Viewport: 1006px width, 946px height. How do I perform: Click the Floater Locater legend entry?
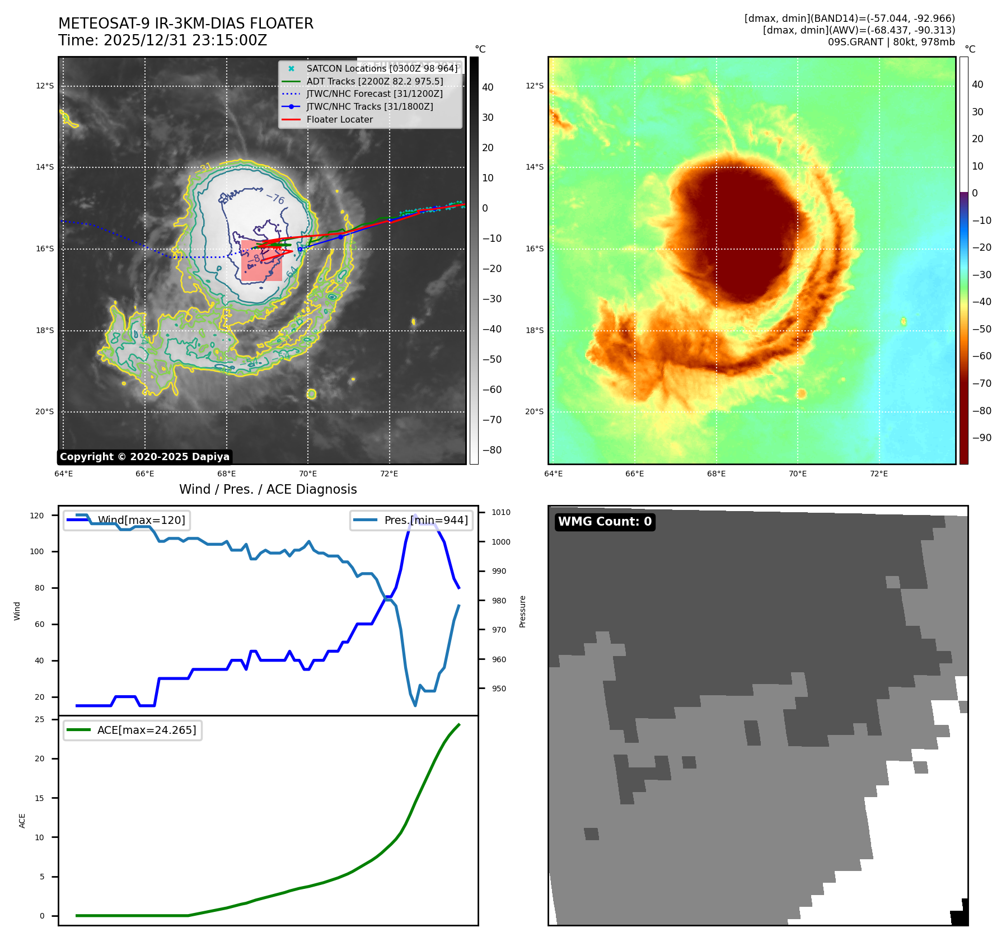click(x=339, y=119)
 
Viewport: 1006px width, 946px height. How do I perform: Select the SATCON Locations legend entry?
click(x=382, y=68)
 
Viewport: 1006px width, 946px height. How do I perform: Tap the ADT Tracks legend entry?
click(x=375, y=81)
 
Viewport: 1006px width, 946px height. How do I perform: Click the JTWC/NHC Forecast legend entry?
click(x=374, y=93)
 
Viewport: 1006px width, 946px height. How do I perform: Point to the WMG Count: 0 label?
click(x=605, y=522)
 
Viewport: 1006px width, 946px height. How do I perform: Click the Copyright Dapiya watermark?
click(x=144, y=457)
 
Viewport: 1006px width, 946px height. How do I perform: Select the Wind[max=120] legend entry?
click(x=141, y=520)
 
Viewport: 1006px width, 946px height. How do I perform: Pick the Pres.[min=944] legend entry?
click(x=425, y=520)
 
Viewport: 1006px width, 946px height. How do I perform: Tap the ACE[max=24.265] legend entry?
click(x=147, y=730)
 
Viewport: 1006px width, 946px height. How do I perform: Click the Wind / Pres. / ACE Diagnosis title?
click(x=268, y=489)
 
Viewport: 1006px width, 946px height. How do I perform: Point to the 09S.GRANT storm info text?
click(x=891, y=42)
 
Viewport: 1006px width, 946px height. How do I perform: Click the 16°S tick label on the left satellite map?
click(x=45, y=249)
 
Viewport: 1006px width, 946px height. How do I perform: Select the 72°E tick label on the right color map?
click(x=878, y=474)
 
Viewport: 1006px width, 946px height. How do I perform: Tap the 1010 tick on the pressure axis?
click(x=501, y=512)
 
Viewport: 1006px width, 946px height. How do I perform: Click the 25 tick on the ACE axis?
click(x=40, y=719)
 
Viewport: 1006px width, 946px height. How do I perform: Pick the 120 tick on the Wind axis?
click(x=37, y=516)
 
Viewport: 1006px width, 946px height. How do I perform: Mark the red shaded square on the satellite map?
click(x=261, y=261)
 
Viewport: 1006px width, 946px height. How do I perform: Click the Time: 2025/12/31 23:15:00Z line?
click(x=162, y=40)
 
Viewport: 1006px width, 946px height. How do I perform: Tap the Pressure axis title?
click(x=522, y=611)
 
